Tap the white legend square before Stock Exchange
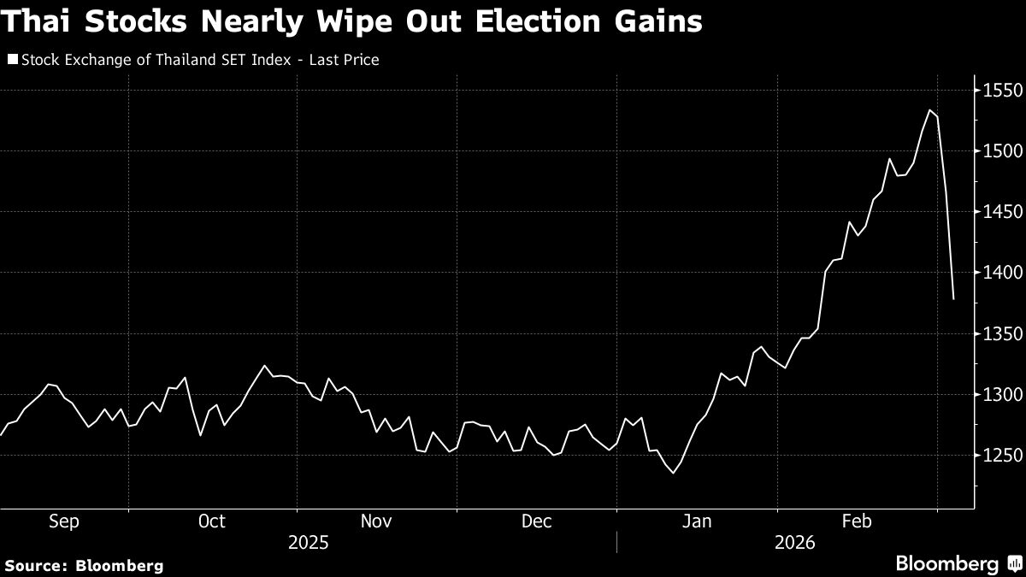pyautogui.click(x=12, y=60)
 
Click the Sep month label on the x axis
pyautogui.click(x=65, y=521)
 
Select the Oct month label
pyautogui.click(x=211, y=521)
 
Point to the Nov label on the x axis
pyautogui.click(x=376, y=521)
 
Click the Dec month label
pyautogui.click(x=536, y=521)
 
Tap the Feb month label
pyautogui.click(x=857, y=521)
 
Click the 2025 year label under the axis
pyautogui.click(x=308, y=543)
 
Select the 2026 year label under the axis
pyautogui.click(x=794, y=543)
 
